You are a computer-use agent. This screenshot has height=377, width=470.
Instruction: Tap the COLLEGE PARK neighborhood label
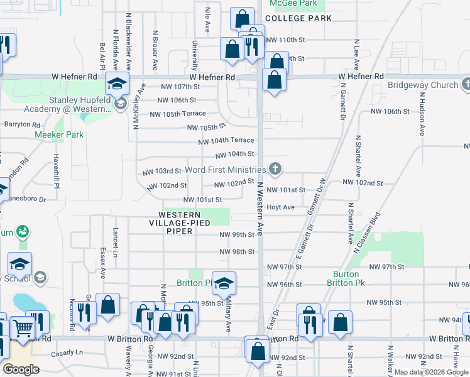298,18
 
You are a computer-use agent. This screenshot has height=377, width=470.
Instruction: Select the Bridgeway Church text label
423,85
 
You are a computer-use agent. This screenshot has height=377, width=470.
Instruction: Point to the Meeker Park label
59,134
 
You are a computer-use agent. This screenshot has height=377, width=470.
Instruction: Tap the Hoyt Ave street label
280,207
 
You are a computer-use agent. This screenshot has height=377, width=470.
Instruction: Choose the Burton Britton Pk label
342,278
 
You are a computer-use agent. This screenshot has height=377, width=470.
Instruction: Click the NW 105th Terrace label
178,114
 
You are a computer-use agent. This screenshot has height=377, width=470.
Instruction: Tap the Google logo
21,369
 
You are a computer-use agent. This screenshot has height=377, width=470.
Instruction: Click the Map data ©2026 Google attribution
430,372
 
